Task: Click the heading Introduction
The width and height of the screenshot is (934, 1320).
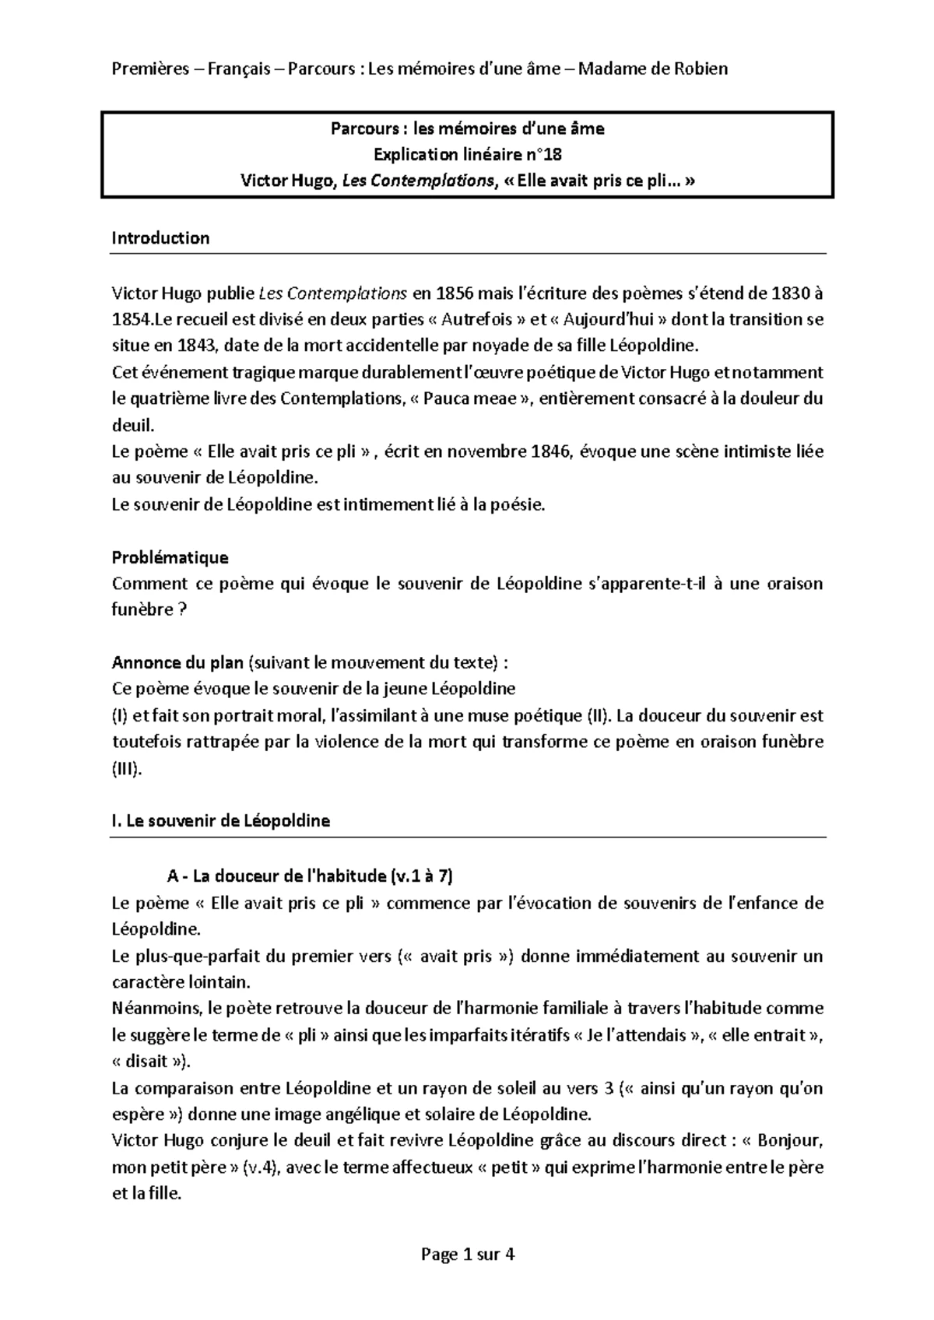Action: (160, 238)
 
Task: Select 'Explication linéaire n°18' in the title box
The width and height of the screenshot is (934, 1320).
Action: (467, 155)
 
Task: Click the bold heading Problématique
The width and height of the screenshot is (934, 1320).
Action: (170, 557)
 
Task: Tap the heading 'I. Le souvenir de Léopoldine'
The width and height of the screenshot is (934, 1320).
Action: (221, 820)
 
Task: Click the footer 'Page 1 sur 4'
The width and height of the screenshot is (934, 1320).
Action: (467, 1254)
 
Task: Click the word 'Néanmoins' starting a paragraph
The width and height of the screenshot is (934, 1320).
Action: (155, 1009)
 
